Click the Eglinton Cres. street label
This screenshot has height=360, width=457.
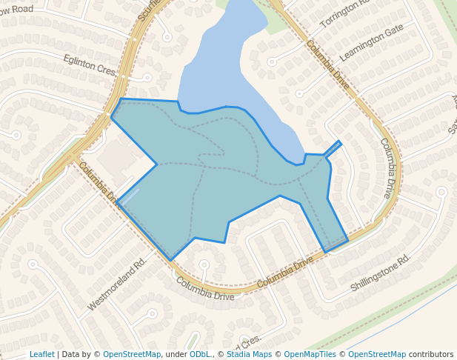pyautogui.click(x=90, y=64)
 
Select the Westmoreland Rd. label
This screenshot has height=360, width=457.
pyautogui.click(x=117, y=284)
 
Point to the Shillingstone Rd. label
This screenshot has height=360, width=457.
pyautogui.click(x=380, y=273)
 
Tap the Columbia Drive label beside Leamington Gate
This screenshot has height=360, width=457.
pyautogui.click(x=327, y=65)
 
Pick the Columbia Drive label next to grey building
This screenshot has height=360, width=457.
pyautogui.click(x=99, y=182)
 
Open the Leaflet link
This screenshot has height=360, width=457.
pyautogui.click(x=41, y=354)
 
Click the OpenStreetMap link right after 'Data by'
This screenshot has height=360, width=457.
pyautogui.click(x=132, y=354)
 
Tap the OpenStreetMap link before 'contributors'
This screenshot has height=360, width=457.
pyautogui.click(x=376, y=354)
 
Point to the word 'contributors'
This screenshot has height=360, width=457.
pyautogui.click(x=431, y=354)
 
